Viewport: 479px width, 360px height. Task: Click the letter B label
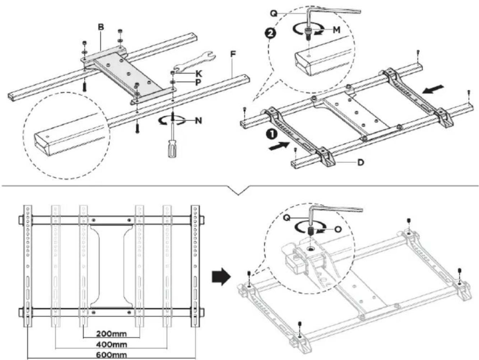(101, 27)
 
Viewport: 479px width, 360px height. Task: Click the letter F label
(233, 54)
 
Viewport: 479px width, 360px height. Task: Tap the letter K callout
(199, 74)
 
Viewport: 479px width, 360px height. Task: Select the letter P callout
(198, 83)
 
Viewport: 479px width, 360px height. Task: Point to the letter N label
(198, 120)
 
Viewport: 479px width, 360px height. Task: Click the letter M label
(336, 30)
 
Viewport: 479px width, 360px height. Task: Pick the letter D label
(361, 162)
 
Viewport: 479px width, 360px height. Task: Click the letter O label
(338, 230)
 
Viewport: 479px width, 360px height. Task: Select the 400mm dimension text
(112, 345)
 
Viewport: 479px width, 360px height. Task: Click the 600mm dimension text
(112, 355)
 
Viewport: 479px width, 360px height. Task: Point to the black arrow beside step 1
(279, 146)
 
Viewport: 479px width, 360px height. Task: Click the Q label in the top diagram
(274, 14)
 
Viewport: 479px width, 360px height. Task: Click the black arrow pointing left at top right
(433, 89)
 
